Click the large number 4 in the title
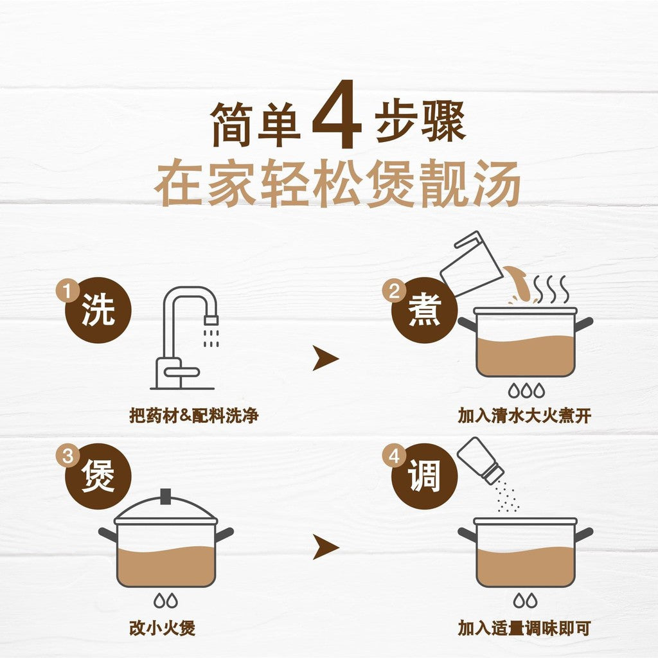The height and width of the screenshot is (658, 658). point(337,114)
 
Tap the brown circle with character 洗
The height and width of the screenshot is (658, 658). point(98,310)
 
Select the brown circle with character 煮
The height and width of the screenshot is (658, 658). point(424,310)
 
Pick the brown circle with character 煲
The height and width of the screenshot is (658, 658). point(98,476)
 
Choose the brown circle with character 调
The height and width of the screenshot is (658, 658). point(424,476)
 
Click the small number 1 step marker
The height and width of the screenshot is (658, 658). point(67,290)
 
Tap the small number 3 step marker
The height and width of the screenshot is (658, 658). point(67,456)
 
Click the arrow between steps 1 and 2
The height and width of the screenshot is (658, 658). point(325,359)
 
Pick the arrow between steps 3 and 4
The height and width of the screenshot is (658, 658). point(325,547)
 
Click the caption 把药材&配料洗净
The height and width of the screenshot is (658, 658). point(194,416)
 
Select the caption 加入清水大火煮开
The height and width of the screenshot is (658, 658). point(524,416)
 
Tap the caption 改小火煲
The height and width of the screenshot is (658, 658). point(162,628)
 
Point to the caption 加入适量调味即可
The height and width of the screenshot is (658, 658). point(524,628)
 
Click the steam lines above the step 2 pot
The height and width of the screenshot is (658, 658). point(551,290)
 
